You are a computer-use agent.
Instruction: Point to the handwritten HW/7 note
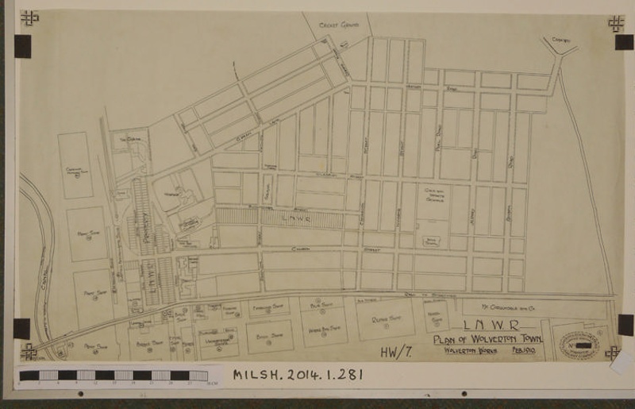[x=394, y=350]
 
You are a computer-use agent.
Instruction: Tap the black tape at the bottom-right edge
[x=625, y=324]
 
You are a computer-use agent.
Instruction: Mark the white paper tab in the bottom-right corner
[x=622, y=362]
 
